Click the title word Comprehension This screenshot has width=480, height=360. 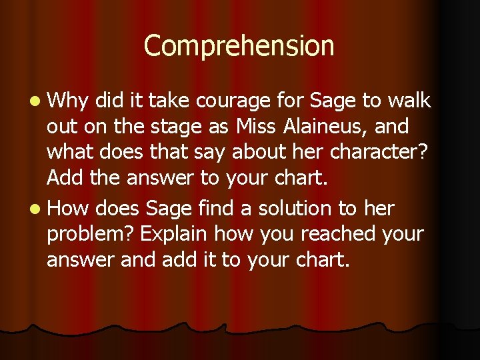tap(239, 47)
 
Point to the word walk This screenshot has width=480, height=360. tap(410, 101)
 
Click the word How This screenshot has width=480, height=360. tap(69, 209)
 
